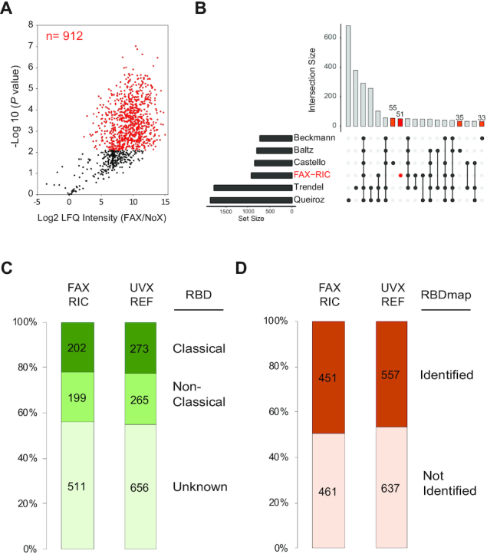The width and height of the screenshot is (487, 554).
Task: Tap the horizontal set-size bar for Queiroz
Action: coord(251,200)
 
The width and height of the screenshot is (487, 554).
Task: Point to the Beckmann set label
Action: coord(314,138)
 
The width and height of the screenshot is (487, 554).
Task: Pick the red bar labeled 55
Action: coord(393,121)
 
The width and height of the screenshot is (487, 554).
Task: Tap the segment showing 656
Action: coord(141,486)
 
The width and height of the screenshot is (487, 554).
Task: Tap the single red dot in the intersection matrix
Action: coord(400,176)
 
